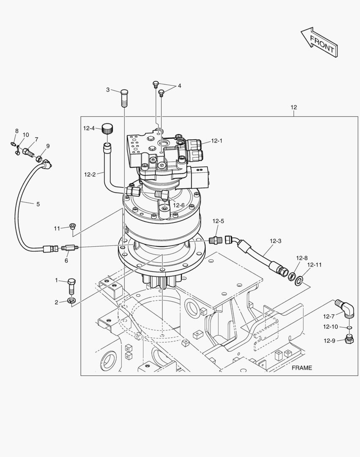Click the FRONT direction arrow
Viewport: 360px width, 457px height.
click(x=320, y=42)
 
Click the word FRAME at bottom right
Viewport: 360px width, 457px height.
click(x=302, y=368)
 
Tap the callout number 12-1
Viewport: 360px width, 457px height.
click(x=217, y=141)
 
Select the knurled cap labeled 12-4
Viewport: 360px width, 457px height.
click(x=108, y=128)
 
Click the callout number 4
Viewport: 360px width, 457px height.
click(x=179, y=85)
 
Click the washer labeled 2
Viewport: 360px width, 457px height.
click(x=71, y=301)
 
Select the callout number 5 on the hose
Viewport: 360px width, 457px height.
click(x=38, y=204)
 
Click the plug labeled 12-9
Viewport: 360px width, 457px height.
click(x=349, y=339)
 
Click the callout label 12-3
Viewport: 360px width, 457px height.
click(x=275, y=241)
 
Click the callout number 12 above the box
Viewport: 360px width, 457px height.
click(x=294, y=107)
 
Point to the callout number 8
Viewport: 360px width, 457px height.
click(x=17, y=131)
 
